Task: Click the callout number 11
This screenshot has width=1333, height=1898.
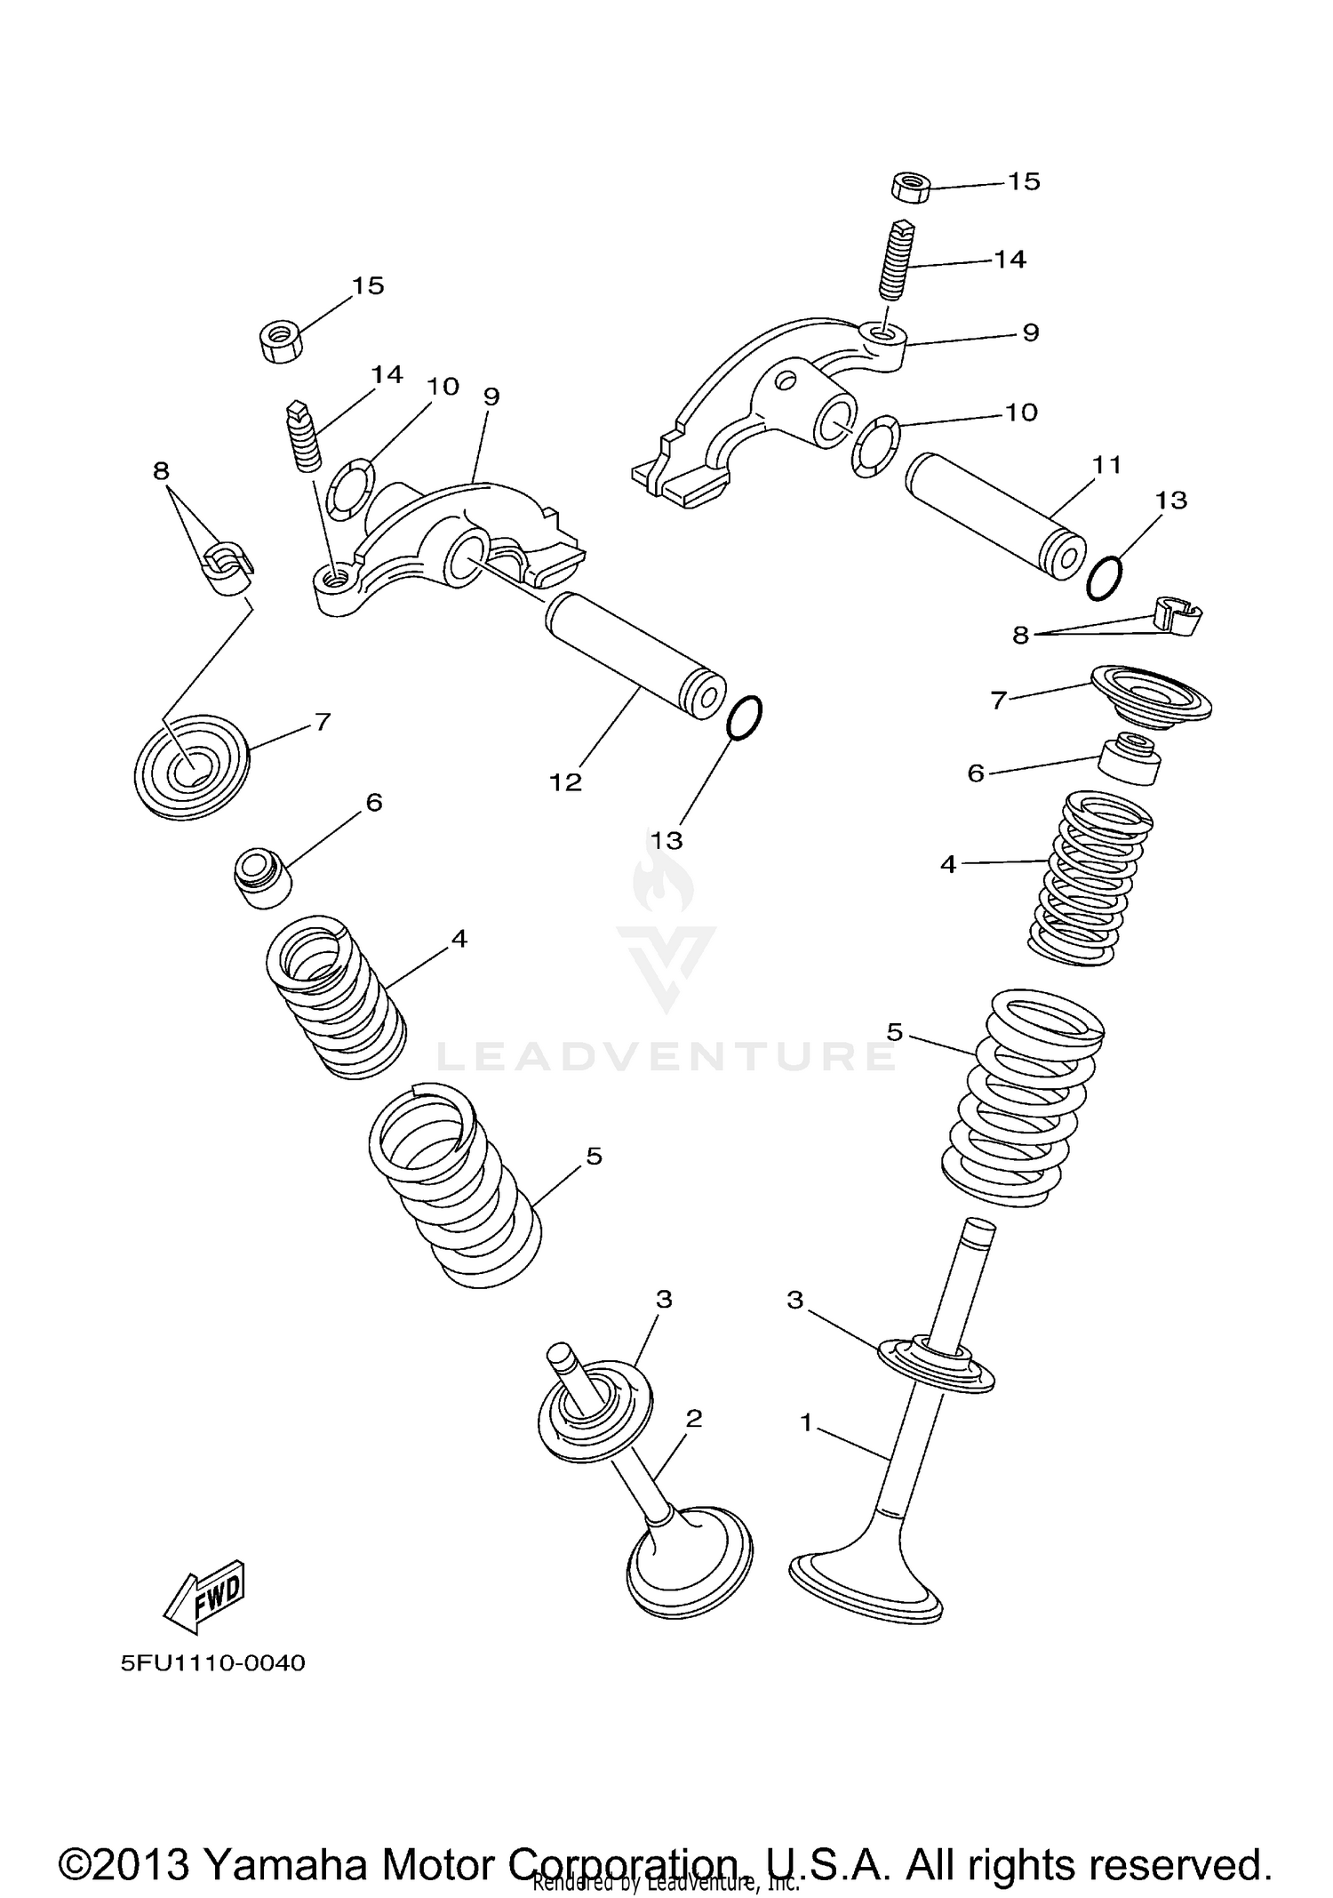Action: tap(1107, 464)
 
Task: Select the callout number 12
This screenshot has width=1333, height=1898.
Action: tap(565, 782)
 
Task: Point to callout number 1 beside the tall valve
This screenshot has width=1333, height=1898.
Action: tap(806, 1423)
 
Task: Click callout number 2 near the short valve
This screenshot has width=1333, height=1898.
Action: tap(694, 1418)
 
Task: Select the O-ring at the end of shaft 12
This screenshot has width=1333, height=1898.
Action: tap(745, 717)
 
